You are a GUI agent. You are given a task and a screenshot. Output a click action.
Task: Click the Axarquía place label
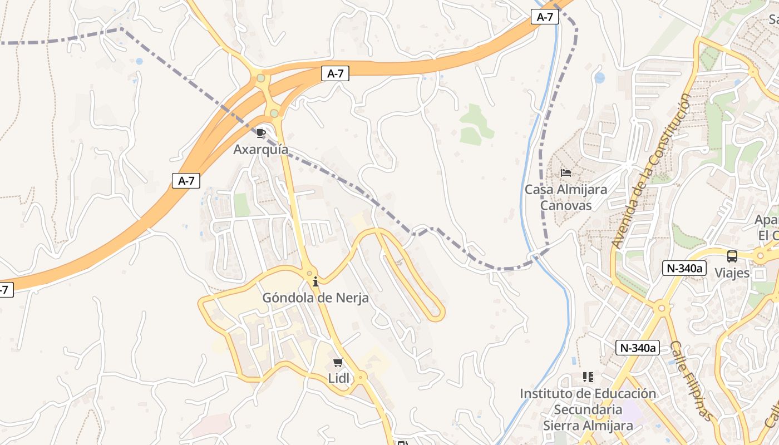(260, 149)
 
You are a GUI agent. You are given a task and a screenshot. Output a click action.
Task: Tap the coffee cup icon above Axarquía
(260, 133)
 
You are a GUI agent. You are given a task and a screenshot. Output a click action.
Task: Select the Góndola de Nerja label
(315, 298)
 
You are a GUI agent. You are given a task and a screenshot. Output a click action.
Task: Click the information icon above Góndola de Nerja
(315, 281)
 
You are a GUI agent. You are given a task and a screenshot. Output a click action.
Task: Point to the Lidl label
(338, 378)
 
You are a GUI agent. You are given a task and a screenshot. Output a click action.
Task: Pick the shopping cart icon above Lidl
(338, 363)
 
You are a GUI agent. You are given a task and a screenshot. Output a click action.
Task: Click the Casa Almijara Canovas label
(566, 197)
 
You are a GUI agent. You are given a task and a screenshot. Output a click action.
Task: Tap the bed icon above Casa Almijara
(566, 173)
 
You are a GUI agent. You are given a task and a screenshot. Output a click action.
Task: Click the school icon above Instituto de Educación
(588, 377)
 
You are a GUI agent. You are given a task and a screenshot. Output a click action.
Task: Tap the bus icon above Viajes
(732, 256)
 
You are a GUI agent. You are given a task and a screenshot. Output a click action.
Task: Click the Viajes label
(732, 273)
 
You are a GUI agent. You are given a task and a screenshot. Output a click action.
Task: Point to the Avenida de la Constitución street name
(650, 171)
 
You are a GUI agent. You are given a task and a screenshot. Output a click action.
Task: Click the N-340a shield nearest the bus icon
(684, 269)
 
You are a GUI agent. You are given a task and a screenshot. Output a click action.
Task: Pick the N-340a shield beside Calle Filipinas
(638, 348)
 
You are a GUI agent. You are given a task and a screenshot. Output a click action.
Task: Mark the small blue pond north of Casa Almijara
(599, 78)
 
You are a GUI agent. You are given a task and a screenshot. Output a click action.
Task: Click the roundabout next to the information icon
(309, 273)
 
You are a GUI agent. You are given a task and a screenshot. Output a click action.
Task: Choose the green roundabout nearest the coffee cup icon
(274, 113)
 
